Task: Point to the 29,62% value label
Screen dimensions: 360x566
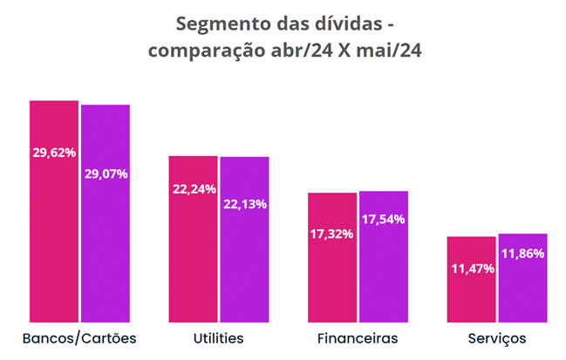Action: click(x=54, y=152)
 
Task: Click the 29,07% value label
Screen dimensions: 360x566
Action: click(x=106, y=173)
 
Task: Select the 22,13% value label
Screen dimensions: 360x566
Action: click(x=244, y=204)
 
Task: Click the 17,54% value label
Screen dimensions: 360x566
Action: click(x=383, y=219)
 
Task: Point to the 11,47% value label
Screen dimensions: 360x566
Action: click(x=471, y=268)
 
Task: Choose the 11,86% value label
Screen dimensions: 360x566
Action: click(x=522, y=254)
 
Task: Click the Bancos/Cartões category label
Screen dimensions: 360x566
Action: click(x=79, y=337)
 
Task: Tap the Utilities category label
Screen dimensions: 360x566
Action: click(x=218, y=337)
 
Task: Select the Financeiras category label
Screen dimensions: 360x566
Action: click(x=358, y=337)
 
